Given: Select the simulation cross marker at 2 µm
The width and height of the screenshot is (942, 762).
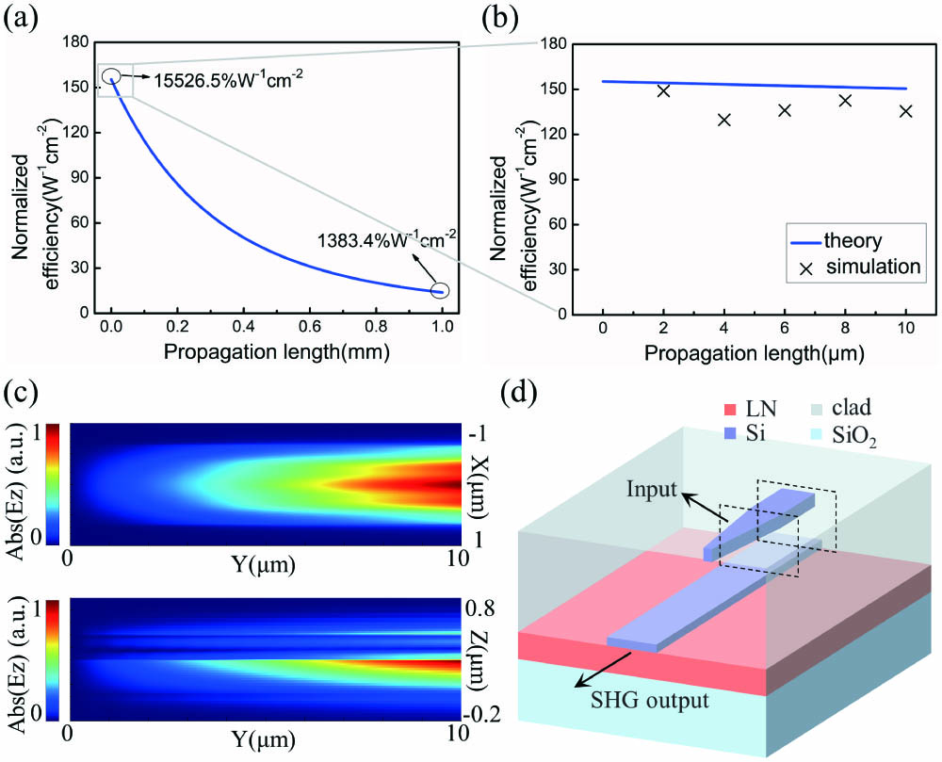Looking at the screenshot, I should tap(663, 91).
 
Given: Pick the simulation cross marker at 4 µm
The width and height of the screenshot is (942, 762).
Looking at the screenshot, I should tap(724, 120).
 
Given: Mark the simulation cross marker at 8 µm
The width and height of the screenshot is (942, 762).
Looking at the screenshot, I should tap(845, 101).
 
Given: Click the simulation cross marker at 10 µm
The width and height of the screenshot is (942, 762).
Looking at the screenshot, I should tap(905, 111).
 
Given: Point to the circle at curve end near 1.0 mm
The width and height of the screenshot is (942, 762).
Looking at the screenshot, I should tap(440, 291).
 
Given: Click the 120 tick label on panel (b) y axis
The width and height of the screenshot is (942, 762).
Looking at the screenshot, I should tap(553, 134).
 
